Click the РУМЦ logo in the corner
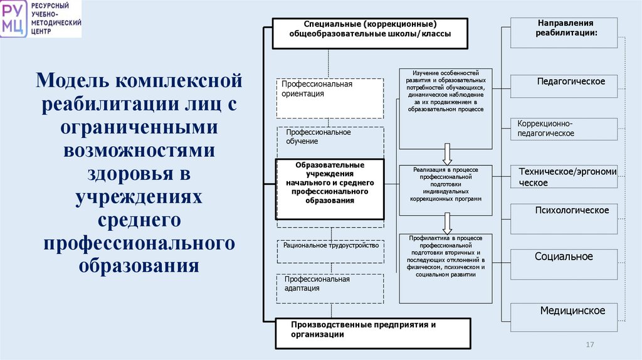pos(14,19)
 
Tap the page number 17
pos(589,346)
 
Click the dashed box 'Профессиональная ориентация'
pos(330,98)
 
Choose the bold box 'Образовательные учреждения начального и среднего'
pos(330,189)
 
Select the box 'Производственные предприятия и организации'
pos(372,333)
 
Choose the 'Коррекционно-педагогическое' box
pos(564,129)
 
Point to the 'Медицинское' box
pos(564,317)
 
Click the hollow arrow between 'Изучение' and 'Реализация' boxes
pos(447,153)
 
